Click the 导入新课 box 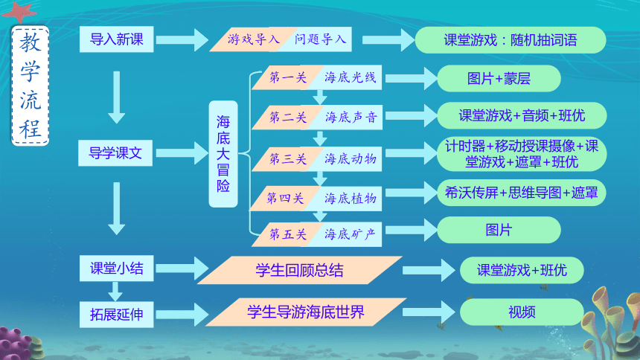coord(116,39)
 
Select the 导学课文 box coord(115,153)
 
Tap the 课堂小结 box coord(116,269)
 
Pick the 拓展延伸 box coord(116,315)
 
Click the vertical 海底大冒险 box coord(223,154)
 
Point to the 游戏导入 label coord(254,39)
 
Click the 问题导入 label coord(321,39)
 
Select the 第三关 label coord(288,158)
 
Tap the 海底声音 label coord(351,118)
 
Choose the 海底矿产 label coord(350,234)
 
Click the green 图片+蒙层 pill coord(499,78)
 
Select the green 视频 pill coord(522,312)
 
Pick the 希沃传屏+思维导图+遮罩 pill coord(521,193)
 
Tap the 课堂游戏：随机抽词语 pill coord(511,40)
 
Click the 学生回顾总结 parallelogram coord(300,270)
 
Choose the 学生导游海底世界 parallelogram coord(306,312)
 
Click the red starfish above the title coord(19,11)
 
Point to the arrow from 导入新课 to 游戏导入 coord(182,39)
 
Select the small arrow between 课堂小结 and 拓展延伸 coord(115,292)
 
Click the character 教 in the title coord(31,43)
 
